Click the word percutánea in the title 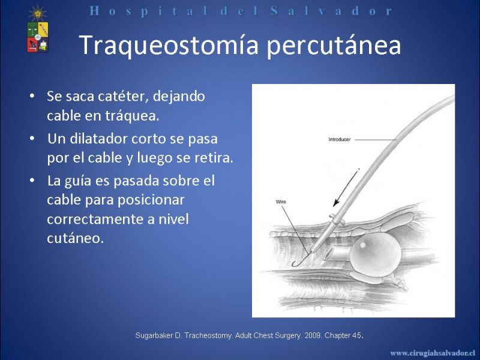click(334, 46)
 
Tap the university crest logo click(38, 29)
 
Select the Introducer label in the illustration click(339, 139)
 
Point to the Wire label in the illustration click(281, 202)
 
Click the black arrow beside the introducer click(346, 187)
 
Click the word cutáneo click(76, 238)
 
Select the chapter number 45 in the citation click(356, 335)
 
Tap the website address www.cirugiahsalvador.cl click(433, 353)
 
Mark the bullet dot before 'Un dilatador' click(32, 139)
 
